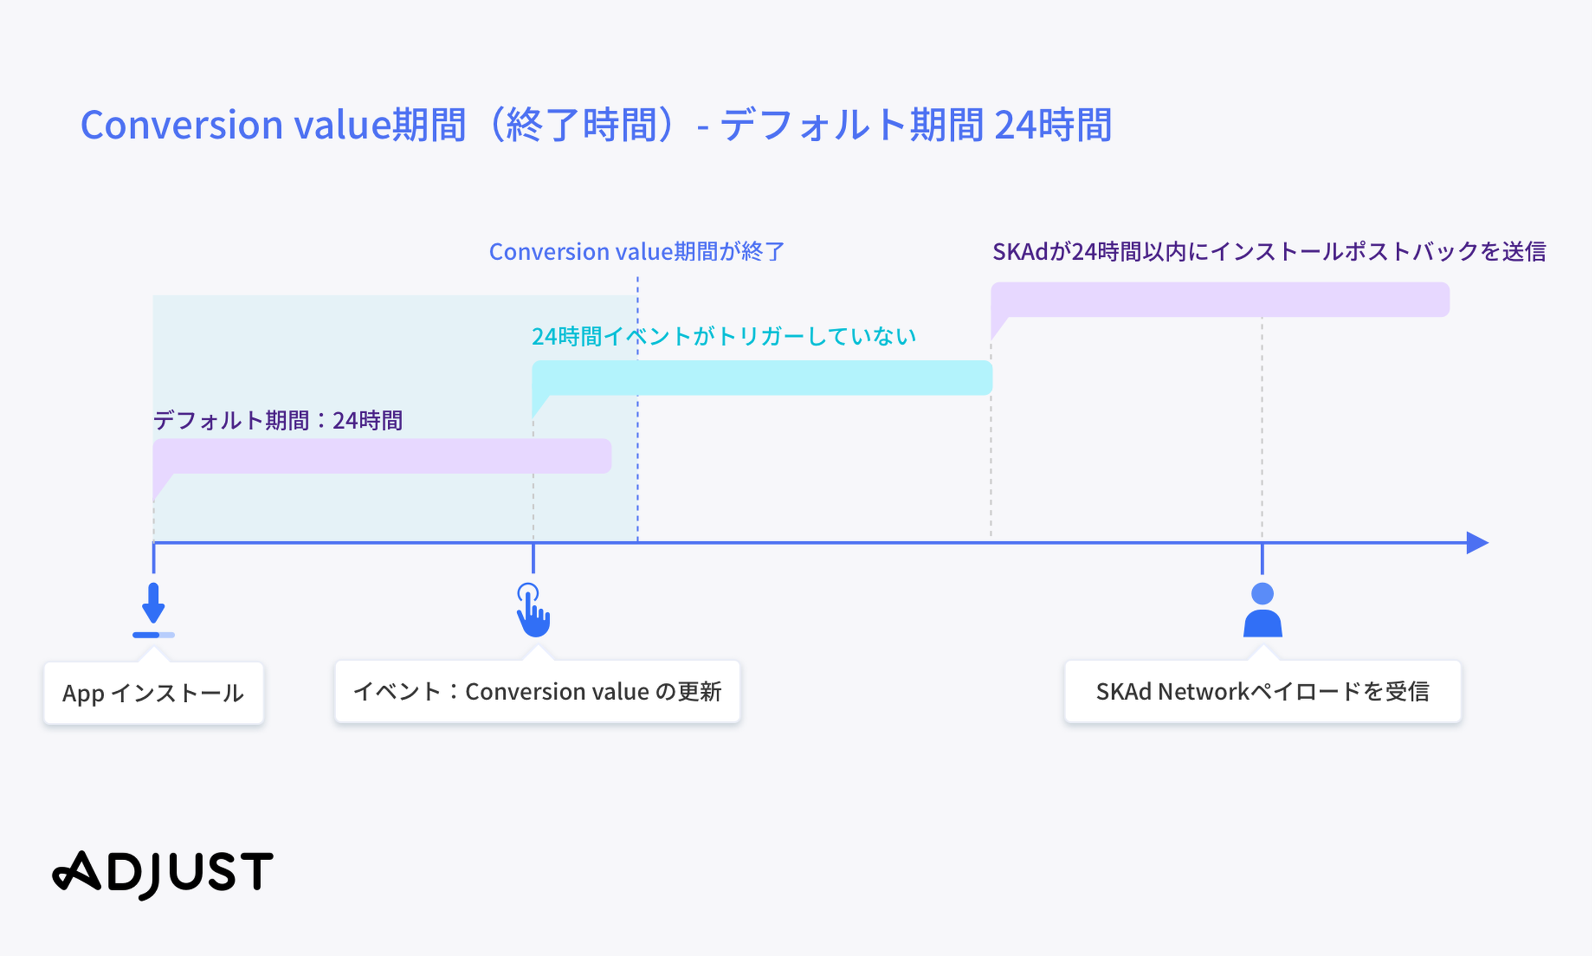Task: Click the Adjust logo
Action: pos(162,874)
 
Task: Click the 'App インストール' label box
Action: pos(154,693)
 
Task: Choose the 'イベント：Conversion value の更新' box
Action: pos(538,691)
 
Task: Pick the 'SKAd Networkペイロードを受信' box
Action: pos(1263,691)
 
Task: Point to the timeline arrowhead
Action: pos(1478,543)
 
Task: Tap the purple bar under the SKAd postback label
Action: pos(1220,300)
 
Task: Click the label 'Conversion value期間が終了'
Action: pos(637,251)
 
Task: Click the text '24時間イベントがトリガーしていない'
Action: pos(724,336)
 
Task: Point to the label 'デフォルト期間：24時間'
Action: pos(277,420)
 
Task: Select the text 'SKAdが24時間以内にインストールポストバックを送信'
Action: pos(1269,251)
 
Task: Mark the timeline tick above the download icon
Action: pos(153,558)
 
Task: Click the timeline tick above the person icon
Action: pos(1262,558)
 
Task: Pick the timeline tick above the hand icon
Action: pos(533,558)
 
